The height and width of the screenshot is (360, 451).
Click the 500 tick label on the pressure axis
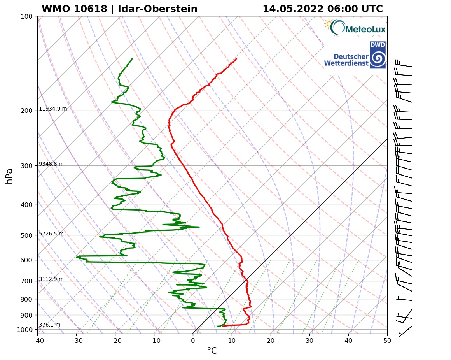point(26,235)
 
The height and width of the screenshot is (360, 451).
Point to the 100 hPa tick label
point(26,16)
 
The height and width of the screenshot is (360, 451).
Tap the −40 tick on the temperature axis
point(37,341)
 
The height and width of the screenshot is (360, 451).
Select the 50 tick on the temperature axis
point(387,341)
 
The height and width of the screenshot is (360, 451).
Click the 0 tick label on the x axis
point(193,341)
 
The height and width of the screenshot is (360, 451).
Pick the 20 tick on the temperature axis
point(271,341)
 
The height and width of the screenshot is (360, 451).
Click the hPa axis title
point(9,176)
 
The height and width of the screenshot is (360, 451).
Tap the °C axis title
point(212,351)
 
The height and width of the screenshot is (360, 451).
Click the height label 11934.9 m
point(53,109)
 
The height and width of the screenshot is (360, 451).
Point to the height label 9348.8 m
point(51,164)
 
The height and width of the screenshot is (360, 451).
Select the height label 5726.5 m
point(51,234)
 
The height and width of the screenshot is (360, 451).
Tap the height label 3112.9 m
point(51,279)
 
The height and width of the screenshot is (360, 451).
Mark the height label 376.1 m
point(49,325)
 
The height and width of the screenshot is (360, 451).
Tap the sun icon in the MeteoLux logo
point(329,25)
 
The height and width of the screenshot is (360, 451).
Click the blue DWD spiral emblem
point(378,59)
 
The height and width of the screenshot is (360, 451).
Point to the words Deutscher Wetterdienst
point(346,60)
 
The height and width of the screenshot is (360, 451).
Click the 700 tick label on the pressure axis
point(26,281)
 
